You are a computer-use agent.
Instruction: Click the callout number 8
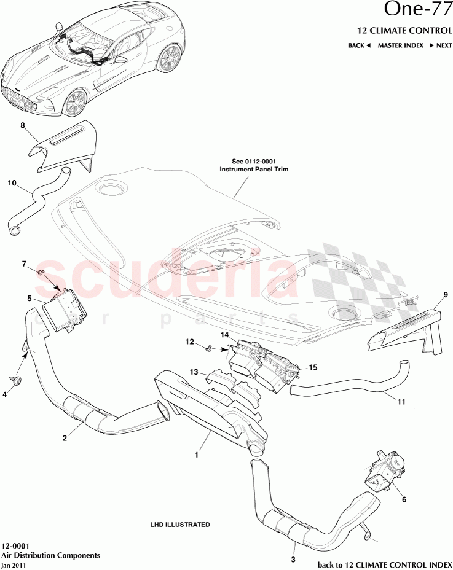tap(23, 125)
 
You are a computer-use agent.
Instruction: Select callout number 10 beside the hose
tap(12, 182)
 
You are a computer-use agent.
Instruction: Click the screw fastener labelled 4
tap(17, 380)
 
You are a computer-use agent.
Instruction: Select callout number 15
tap(313, 367)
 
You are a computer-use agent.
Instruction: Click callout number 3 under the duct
tap(293, 560)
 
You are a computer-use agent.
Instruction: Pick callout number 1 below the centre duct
tap(196, 455)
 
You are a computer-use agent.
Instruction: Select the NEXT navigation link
tap(441, 45)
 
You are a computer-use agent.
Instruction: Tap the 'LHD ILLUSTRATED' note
tap(180, 525)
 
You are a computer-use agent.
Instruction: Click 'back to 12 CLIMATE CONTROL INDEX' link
tap(384, 564)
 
